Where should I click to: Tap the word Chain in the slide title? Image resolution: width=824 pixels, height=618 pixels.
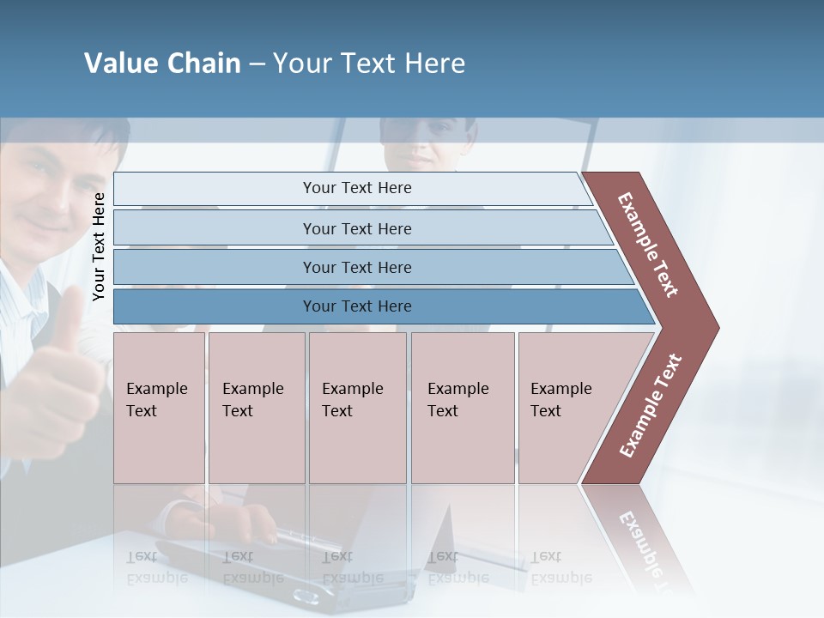pyautogui.click(x=203, y=64)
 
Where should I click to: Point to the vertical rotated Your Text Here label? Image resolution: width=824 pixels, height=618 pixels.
pyautogui.click(x=100, y=247)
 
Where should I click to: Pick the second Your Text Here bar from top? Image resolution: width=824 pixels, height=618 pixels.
pyautogui.click(x=357, y=228)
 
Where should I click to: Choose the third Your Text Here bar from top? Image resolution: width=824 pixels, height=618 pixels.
pyautogui.click(x=357, y=267)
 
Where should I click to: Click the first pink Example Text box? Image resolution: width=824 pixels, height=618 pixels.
pyautogui.click(x=159, y=408)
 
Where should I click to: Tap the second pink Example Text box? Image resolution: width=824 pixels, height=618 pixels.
pyautogui.click(x=257, y=408)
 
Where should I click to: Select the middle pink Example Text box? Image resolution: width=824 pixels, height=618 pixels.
pyautogui.click(x=357, y=408)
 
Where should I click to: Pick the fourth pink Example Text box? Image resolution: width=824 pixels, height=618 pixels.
pyautogui.click(x=463, y=408)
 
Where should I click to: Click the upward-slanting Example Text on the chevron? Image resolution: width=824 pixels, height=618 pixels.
pyautogui.click(x=651, y=405)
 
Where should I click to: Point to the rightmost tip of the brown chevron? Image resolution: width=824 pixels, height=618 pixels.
pyautogui.click(x=717, y=327)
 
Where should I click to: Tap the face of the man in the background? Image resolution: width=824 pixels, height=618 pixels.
pyautogui.click(x=427, y=142)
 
